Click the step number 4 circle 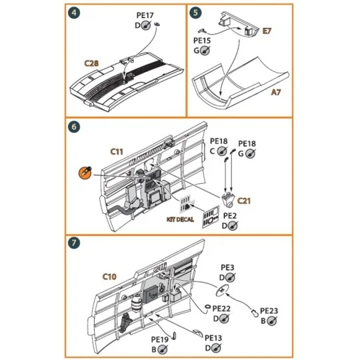pos(75,13)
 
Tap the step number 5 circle pos(195,13)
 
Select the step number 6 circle pos(75,127)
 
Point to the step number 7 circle pos(75,243)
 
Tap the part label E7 pos(267,31)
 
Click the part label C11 pos(117,153)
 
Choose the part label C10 pos(109,275)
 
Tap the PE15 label pos(202,40)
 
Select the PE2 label pos(230,216)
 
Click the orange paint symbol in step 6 pos(85,172)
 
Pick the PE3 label pos(227,268)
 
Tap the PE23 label pos(269,311)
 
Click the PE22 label pos(221,308)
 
